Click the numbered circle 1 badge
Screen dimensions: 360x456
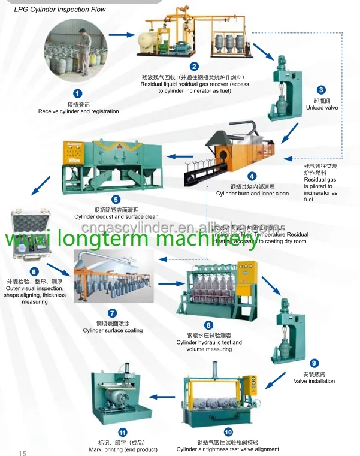click(x=77, y=93)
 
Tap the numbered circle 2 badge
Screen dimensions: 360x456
click(x=194, y=67)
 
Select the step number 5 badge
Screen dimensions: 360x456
click(x=116, y=200)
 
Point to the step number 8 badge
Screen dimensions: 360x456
click(x=208, y=325)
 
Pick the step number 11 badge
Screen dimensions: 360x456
click(x=123, y=432)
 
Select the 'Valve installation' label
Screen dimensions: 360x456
click(x=314, y=381)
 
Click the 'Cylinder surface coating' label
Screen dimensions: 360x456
click(x=113, y=330)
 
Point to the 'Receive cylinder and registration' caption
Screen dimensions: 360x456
click(x=78, y=111)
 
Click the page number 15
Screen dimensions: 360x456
click(x=23, y=452)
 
